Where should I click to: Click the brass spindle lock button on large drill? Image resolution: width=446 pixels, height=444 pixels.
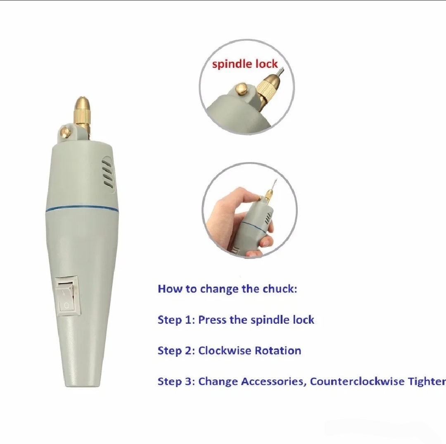click(65, 132)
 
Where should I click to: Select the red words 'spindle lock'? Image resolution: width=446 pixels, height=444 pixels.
click(244, 64)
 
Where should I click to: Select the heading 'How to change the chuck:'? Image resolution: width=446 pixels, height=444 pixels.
click(227, 289)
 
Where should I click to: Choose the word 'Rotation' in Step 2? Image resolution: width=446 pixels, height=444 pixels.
click(278, 351)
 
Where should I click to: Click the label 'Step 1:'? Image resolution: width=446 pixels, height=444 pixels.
click(176, 320)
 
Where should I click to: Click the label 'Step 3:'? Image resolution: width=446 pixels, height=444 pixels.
click(176, 381)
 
